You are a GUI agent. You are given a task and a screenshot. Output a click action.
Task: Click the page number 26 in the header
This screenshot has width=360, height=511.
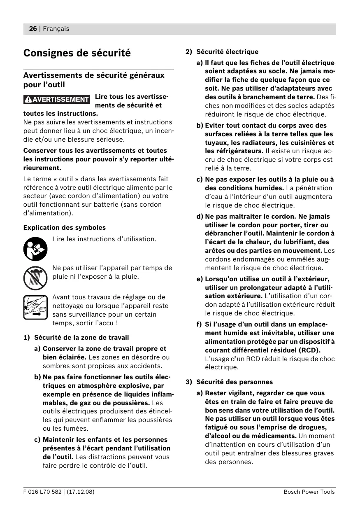click(x=33, y=29)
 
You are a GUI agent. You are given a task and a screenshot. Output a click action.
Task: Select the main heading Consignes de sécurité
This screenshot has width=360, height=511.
click(x=77, y=53)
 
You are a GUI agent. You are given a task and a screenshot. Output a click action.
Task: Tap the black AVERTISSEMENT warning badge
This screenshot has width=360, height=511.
click(x=57, y=99)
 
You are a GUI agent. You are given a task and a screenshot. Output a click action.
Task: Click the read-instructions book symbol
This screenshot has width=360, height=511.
click(x=36, y=249)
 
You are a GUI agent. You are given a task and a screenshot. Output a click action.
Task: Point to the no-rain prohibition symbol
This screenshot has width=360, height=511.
click(x=36, y=278)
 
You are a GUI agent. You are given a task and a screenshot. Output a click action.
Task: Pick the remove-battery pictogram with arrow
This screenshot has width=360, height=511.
click(x=36, y=307)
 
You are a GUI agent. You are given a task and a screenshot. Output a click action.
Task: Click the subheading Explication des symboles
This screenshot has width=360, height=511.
click(x=65, y=227)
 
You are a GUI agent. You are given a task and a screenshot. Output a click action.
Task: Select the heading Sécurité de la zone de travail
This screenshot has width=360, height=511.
click(x=81, y=338)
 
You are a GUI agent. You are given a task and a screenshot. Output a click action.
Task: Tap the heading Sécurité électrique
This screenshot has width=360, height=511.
click(x=227, y=52)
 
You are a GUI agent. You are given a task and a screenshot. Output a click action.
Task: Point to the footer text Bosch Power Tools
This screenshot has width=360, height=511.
click(x=309, y=492)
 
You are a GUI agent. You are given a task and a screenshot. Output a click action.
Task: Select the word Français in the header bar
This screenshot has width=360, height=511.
click(x=56, y=29)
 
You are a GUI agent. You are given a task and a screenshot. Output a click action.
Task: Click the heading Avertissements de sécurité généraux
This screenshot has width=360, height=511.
click(x=94, y=75)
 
